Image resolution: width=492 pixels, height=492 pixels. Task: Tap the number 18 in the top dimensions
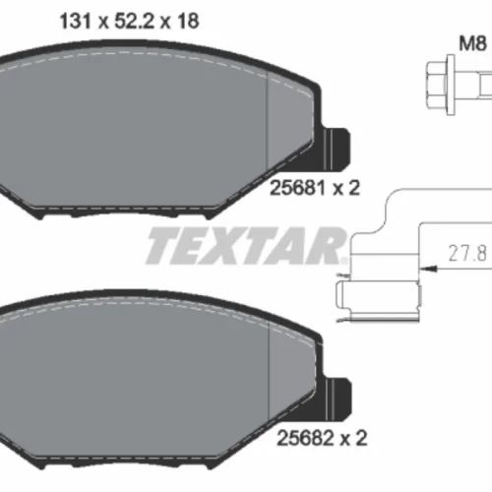click(188, 22)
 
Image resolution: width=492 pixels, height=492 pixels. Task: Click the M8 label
click(472, 43)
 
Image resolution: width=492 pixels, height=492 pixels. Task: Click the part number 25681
click(297, 188)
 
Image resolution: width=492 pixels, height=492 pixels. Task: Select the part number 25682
click(305, 438)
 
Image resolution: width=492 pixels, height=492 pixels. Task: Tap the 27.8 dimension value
click(467, 254)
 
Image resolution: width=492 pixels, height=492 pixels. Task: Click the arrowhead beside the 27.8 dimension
click(429, 269)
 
